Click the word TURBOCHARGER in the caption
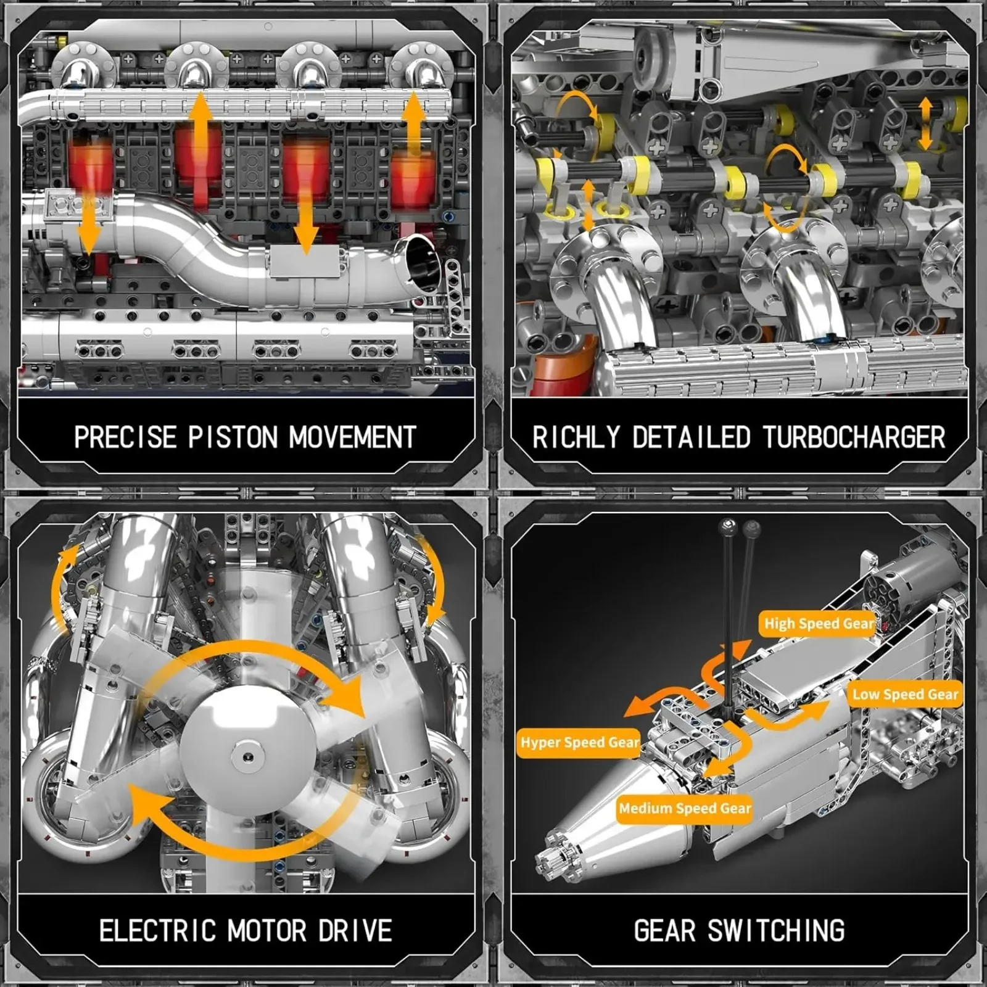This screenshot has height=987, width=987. click(854, 437)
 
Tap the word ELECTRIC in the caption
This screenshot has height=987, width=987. click(158, 931)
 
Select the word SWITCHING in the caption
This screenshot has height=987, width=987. click(776, 931)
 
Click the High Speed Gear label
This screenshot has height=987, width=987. click(819, 624)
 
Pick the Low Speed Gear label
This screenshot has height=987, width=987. click(905, 695)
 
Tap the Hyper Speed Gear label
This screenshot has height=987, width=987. click(579, 742)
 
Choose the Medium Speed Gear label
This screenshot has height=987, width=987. click(685, 808)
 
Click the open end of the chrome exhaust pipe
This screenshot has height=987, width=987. click(423, 262)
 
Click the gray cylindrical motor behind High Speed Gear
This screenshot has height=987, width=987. click(913, 577)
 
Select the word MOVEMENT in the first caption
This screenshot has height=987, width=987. click(352, 437)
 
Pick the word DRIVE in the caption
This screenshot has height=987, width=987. click(355, 931)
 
